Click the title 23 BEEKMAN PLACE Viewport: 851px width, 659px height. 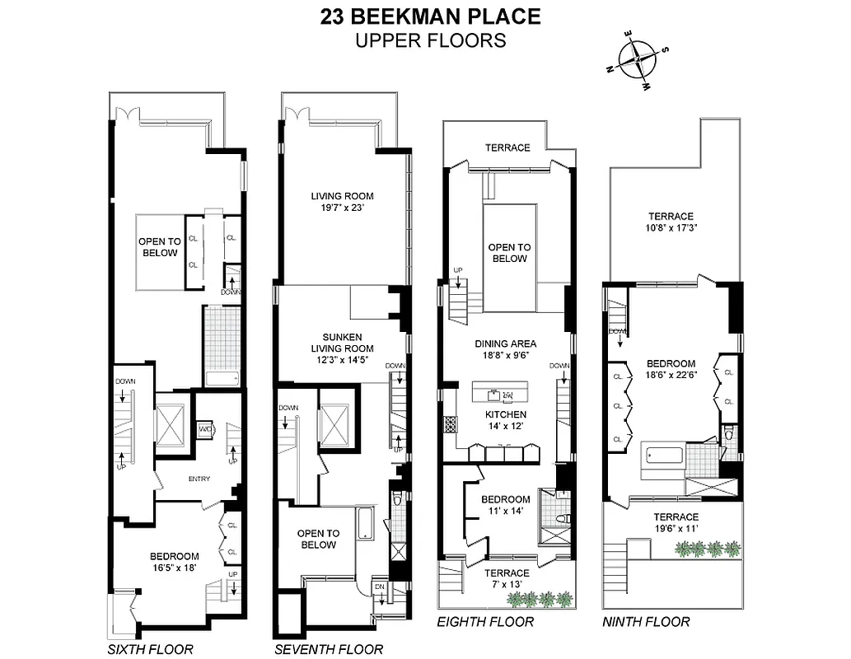[430, 16]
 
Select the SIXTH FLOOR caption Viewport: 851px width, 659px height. [151, 649]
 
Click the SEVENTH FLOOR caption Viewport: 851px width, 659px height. [329, 649]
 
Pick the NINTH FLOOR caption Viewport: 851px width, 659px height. [646, 622]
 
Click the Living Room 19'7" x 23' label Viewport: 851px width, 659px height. [342, 202]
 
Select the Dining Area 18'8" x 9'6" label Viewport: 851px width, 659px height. [506, 350]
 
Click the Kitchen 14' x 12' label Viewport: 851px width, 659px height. [506, 420]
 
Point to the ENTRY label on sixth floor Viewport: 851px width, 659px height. [199, 479]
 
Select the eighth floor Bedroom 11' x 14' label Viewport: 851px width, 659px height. [506, 505]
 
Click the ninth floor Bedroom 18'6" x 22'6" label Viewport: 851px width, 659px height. [671, 370]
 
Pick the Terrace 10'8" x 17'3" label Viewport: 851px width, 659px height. [670, 222]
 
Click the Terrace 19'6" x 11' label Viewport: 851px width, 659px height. [676, 500]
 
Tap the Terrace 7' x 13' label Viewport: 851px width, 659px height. [507, 579]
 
